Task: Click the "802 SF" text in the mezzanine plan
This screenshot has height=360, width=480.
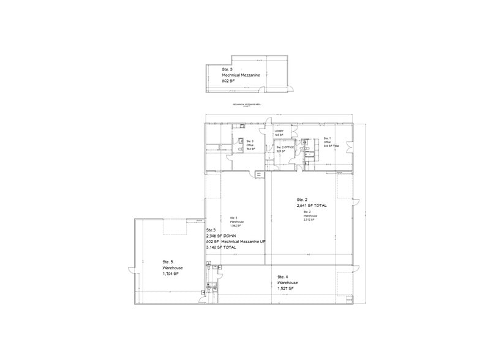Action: (229, 80)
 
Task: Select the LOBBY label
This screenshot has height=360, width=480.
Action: (279, 132)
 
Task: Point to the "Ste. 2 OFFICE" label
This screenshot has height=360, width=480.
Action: (286, 148)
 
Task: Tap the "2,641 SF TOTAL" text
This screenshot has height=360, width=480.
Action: (312, 206)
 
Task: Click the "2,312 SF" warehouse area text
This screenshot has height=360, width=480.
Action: (308, 219)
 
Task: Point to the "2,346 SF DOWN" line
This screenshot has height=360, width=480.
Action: (221, 236)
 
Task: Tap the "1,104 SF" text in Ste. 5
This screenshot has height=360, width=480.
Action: (171, 274)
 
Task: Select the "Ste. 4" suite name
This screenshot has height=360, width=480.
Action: (282, 277)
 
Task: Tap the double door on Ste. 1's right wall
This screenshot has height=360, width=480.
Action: (350, 147)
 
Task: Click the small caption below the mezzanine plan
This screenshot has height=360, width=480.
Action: (247, 105)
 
